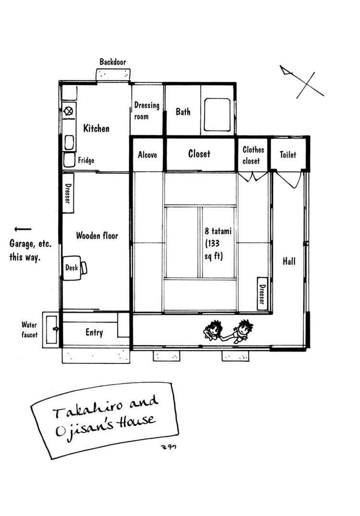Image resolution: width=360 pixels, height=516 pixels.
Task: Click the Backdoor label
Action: [x=113, y=62]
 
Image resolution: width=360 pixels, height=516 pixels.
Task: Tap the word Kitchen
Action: [x=96, y=128]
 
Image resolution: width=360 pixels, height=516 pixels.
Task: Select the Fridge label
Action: [x=86, y=161]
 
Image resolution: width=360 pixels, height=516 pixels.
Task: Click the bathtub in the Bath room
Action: [x=217, y=115]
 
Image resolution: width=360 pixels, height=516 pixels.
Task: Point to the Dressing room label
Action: [x=146, y=111]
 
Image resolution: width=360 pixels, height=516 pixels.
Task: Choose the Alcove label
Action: [x=147, y=155]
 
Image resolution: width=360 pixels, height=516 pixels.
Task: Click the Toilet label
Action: [x=288, y=154]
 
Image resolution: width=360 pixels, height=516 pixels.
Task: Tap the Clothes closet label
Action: [x=253, y=155]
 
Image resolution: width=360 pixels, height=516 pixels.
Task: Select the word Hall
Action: [x=289, y=261]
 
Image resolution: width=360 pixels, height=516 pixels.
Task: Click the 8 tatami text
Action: [x=218, y=231]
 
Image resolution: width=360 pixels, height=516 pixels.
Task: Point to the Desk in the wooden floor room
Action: [x=72, y=268]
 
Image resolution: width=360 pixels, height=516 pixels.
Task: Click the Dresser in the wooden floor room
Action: [x=68, y=193]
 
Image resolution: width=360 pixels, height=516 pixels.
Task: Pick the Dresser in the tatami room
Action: [x=262, y=293]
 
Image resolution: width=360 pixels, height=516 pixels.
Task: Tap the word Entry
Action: [x=94, y=332]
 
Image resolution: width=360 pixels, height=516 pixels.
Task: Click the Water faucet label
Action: [x=29, y=330]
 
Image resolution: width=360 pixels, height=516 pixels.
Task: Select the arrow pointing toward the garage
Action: [x=23, y=229]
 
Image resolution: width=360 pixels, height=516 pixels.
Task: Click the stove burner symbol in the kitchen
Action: [x=69, y=111]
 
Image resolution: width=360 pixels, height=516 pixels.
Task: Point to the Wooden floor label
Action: [x=97, y=235]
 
